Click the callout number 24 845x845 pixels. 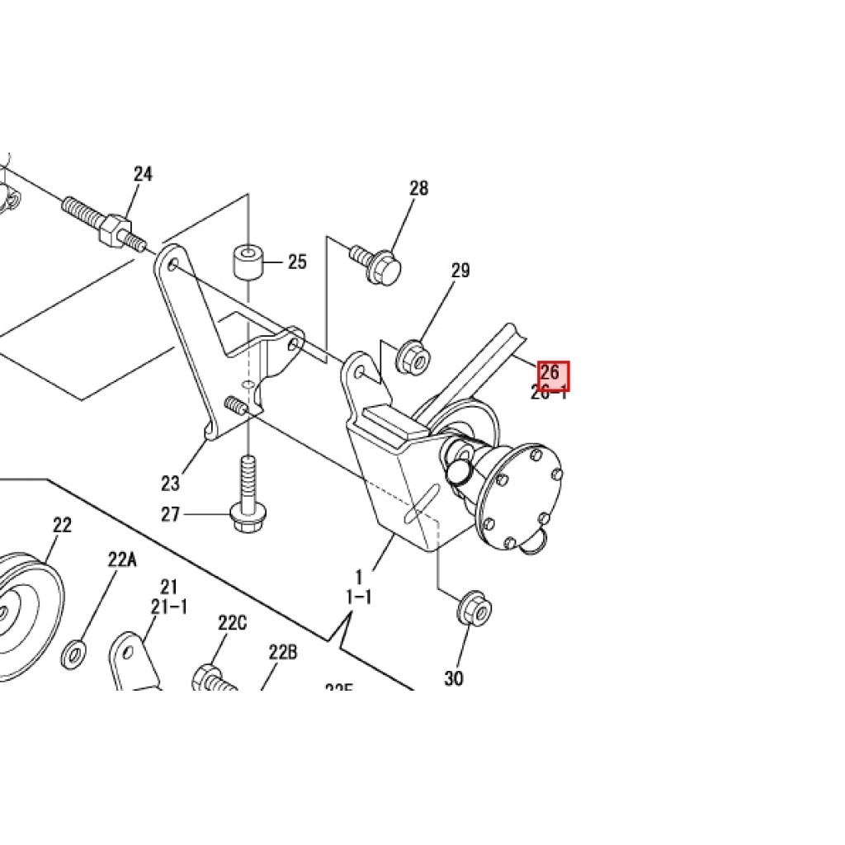(x=144, y=174)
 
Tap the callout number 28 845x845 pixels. (x=419, y=188)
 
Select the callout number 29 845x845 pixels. (x=460, y=271)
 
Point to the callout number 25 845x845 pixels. (x=297, y=262)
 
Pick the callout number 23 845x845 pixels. (x=170, y=483)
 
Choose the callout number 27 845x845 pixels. (x=170, y=515)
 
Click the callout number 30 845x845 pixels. (x=454, y=678)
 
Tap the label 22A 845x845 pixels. (x=121, y=559)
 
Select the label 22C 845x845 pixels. (x=233, y=623)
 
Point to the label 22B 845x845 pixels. (x=282, y=653)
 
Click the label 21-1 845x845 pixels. (x=169, y=607)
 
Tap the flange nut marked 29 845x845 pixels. (x=411, y=356)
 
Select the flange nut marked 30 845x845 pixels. (x=473, y=609)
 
